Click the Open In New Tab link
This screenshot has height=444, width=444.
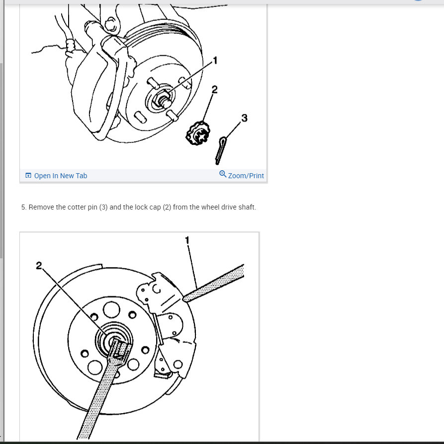pos(60,176)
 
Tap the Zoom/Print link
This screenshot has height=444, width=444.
pos(246,176)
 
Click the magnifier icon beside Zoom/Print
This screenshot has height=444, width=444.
pos(223,174)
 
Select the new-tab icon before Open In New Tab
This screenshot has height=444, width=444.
pos(28,176)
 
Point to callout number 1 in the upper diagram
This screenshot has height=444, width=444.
pos(215,60)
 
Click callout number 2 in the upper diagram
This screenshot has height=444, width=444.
pos(215,90)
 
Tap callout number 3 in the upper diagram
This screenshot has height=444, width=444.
pos(244,118)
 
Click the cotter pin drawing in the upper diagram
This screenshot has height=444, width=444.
pos(220,151)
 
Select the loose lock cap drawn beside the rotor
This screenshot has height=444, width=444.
pos(198,133)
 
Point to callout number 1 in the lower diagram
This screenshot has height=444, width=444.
pos(187,240)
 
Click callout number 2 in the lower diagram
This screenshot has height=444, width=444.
pos(39,265)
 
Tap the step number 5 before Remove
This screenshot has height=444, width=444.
pos(24,207)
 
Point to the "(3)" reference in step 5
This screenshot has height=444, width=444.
pos(103,207)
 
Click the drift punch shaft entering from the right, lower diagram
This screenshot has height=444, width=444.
pos(213,283)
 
